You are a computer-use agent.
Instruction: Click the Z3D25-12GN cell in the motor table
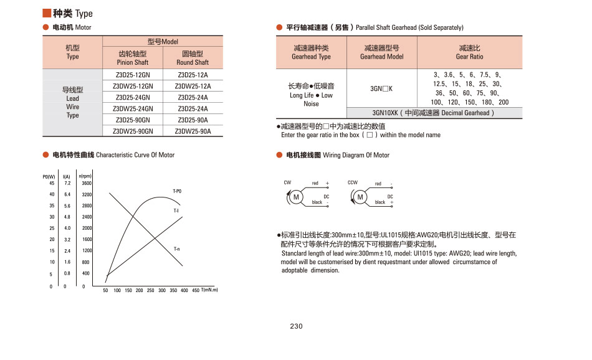(x=133, y=75)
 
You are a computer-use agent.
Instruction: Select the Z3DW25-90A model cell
(x=193, y=131)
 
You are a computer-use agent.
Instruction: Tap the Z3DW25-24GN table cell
(x=133, y=108)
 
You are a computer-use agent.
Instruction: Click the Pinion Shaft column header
(x=133, y=57)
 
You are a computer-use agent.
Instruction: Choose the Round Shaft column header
(x=193, y=57)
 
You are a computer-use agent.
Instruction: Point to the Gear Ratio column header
(x=469, y=52)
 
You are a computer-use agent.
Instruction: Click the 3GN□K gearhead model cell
(x=381, y=88)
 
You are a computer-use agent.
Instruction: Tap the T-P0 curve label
(x=177, y=191)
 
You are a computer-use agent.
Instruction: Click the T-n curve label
(x=177, y=249)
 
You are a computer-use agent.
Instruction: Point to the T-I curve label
(x=176, y=211)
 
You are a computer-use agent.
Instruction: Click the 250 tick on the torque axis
(x=151, y=291)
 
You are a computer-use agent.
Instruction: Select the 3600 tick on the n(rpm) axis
(x=87, y=183)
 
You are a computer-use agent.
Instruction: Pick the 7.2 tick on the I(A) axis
(x=67, y=183)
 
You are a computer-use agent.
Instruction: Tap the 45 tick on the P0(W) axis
(x=52, y=183)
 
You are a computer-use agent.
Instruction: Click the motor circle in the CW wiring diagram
(x=297, y=197)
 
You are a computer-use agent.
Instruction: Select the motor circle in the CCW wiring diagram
(x=360, y=197)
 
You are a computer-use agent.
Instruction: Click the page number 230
(x=296, y=326)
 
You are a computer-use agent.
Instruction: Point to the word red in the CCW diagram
(x=378, y=184)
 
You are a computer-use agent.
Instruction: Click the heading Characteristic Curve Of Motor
(x=135, y=154)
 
